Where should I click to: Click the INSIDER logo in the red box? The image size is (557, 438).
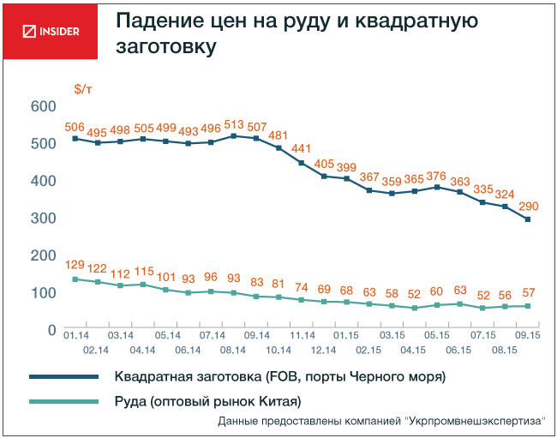click(50, 32)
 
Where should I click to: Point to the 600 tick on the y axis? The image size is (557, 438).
click(43, 106)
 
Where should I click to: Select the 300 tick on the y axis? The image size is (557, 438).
click(43, 219)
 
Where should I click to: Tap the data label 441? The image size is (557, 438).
click(302, 148)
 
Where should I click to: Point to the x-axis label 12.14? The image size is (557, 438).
click(324, 351)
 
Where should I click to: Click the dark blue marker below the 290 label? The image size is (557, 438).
click(528, 219)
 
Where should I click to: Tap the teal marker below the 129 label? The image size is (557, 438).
click(75, 279)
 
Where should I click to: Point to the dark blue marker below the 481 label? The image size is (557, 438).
click(278, 148)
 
